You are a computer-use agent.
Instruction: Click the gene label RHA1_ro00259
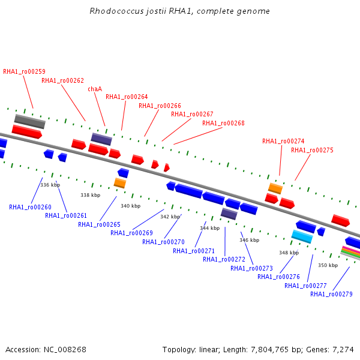click(25, 71)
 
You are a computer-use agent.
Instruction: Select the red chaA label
click(95, 89)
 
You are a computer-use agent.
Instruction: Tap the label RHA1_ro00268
click(223, 123)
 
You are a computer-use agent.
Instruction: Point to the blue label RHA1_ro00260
click(30, 207)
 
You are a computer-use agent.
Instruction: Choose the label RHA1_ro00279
click(331, 294)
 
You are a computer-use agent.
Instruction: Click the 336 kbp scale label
click(50, 185)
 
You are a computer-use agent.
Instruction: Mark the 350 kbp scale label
click(328, 265)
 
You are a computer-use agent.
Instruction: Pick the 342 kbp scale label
click(170, 217)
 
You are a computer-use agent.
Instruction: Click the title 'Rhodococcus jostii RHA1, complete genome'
click(179, 11)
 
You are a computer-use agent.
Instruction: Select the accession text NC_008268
click(65, 350)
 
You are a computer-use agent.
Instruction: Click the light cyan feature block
click(302, 236)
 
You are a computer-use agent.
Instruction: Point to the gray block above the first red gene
click(30, 121)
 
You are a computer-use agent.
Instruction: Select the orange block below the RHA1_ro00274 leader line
click(275, 188)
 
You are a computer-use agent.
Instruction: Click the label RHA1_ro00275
click(312, 150)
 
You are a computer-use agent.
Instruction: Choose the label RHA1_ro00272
click(224, 259)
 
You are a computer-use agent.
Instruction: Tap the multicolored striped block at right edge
click(350, 253)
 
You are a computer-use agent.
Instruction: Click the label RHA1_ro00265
click(99, 224)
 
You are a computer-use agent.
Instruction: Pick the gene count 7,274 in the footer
click(343, 350)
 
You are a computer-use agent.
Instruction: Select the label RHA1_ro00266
click(160, 106)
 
